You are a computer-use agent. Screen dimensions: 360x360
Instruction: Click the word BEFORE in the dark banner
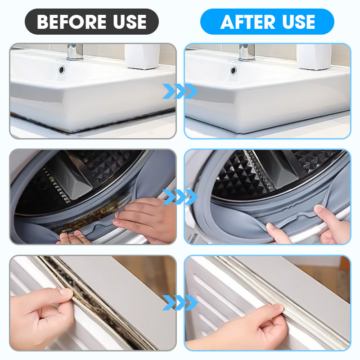pos(72,22)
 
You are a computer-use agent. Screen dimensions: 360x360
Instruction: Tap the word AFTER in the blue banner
pos(248,22)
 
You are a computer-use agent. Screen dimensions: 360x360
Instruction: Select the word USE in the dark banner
pos(130,22)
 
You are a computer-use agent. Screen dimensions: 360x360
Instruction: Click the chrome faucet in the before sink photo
pos(75,52)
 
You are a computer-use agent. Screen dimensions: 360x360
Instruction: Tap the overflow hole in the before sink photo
pos(62,69)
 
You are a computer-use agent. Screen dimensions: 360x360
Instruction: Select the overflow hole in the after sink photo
pos(234,70)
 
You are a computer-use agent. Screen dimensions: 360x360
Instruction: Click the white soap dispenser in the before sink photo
pos(142,56)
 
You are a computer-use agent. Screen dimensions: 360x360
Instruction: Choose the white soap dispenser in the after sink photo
pos(314,57)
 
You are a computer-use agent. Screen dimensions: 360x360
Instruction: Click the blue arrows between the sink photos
pos(180,91)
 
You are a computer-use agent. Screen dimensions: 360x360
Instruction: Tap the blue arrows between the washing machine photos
pos(180,197)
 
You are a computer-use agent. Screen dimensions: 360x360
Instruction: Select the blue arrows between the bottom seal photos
pos(180,302)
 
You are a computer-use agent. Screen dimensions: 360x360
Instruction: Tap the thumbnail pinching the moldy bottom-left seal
pos(67,292)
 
